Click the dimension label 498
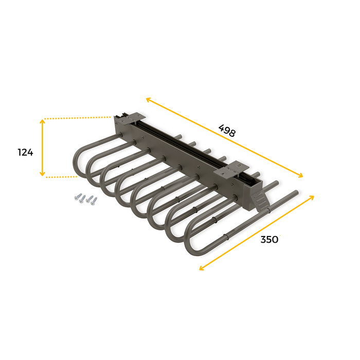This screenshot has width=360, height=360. pos(226,130)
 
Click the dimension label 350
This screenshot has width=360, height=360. pos(269,239)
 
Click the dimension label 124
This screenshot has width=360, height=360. pos(25,152)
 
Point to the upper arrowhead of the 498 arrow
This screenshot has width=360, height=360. pos(148,99)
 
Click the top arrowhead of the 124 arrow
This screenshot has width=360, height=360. pos(43,121)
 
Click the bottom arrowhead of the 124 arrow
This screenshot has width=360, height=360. pos(43,174)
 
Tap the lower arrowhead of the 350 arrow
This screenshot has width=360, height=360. pos(201,267)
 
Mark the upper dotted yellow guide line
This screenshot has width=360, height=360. pos(77,118)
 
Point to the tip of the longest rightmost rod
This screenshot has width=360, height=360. pos(297,192)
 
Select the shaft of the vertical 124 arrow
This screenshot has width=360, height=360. pos(43,148)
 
